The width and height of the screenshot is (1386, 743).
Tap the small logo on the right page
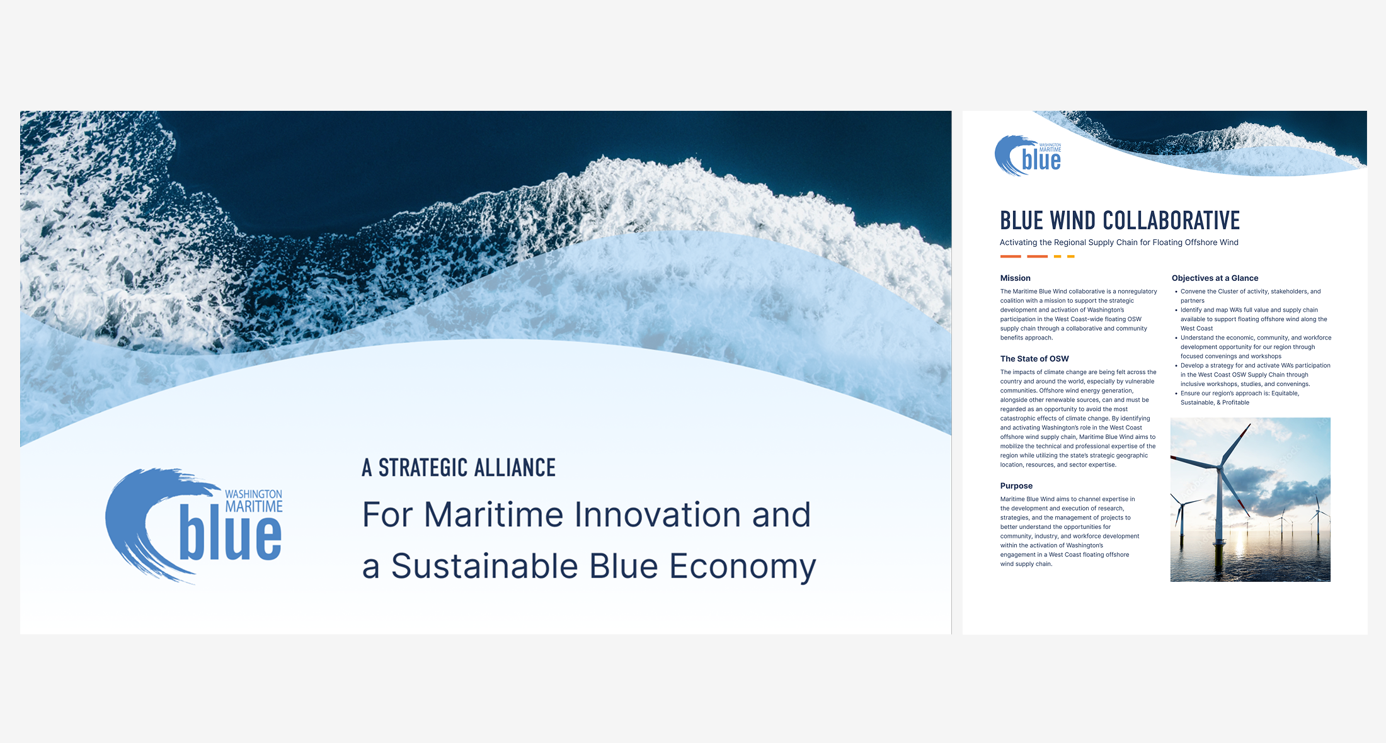[1028, 156]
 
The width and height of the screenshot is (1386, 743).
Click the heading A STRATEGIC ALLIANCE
[459, 467]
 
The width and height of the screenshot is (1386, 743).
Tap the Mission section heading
[1015, 278]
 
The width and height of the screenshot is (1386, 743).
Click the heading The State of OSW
[1034, 358]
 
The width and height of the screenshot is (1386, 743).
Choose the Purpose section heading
[1016, 485]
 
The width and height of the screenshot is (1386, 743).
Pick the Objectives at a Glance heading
[1215, 278]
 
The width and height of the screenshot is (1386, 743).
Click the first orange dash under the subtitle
[1011, 256]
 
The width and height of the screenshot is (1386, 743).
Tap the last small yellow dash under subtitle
[1071, 256]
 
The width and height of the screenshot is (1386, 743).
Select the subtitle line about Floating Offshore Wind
[1119, 242]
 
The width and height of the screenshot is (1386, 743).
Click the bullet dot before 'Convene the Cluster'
[1176, 292]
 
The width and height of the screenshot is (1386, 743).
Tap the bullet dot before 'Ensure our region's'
[1176, 394]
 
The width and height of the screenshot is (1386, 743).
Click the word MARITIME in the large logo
[254, 506]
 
